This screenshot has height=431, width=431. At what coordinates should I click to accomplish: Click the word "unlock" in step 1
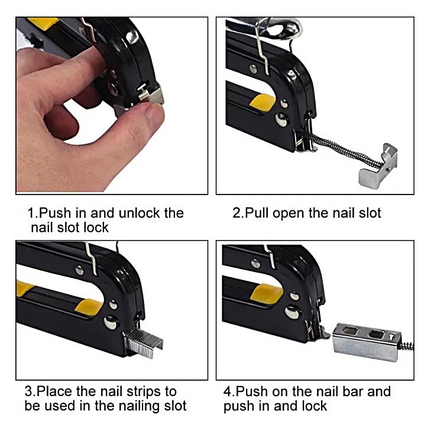click(140, 213)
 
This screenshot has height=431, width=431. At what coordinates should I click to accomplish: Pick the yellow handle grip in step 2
click(262, 102)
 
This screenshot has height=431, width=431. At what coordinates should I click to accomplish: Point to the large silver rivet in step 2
click(282, 119)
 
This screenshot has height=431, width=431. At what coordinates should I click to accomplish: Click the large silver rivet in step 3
click(111, 322)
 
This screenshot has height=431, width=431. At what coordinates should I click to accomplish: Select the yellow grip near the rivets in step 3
click(89, 307)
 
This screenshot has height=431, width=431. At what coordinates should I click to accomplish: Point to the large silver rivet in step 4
click(292, 312)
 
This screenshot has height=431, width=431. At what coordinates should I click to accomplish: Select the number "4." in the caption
click(229, 391)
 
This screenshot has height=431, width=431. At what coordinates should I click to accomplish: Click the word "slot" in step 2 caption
click(370, 213)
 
